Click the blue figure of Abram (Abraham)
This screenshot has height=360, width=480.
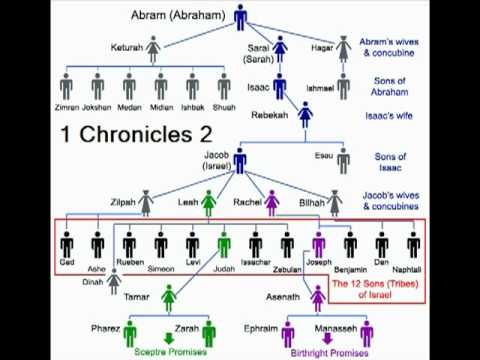[241, 17]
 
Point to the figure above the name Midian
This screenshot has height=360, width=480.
[160, 85]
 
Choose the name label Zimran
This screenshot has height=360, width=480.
[67, 106]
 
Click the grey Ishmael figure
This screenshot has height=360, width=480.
[344, 86]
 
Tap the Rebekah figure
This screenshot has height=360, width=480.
[306, 115]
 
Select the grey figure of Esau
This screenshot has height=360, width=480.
[343, 160]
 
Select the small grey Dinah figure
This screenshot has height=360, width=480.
[115, 284]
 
